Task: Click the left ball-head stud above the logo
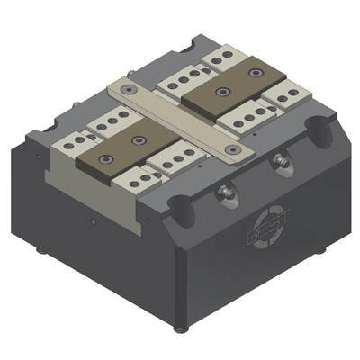225,191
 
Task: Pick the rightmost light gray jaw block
290,94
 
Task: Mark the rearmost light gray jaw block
219,59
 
